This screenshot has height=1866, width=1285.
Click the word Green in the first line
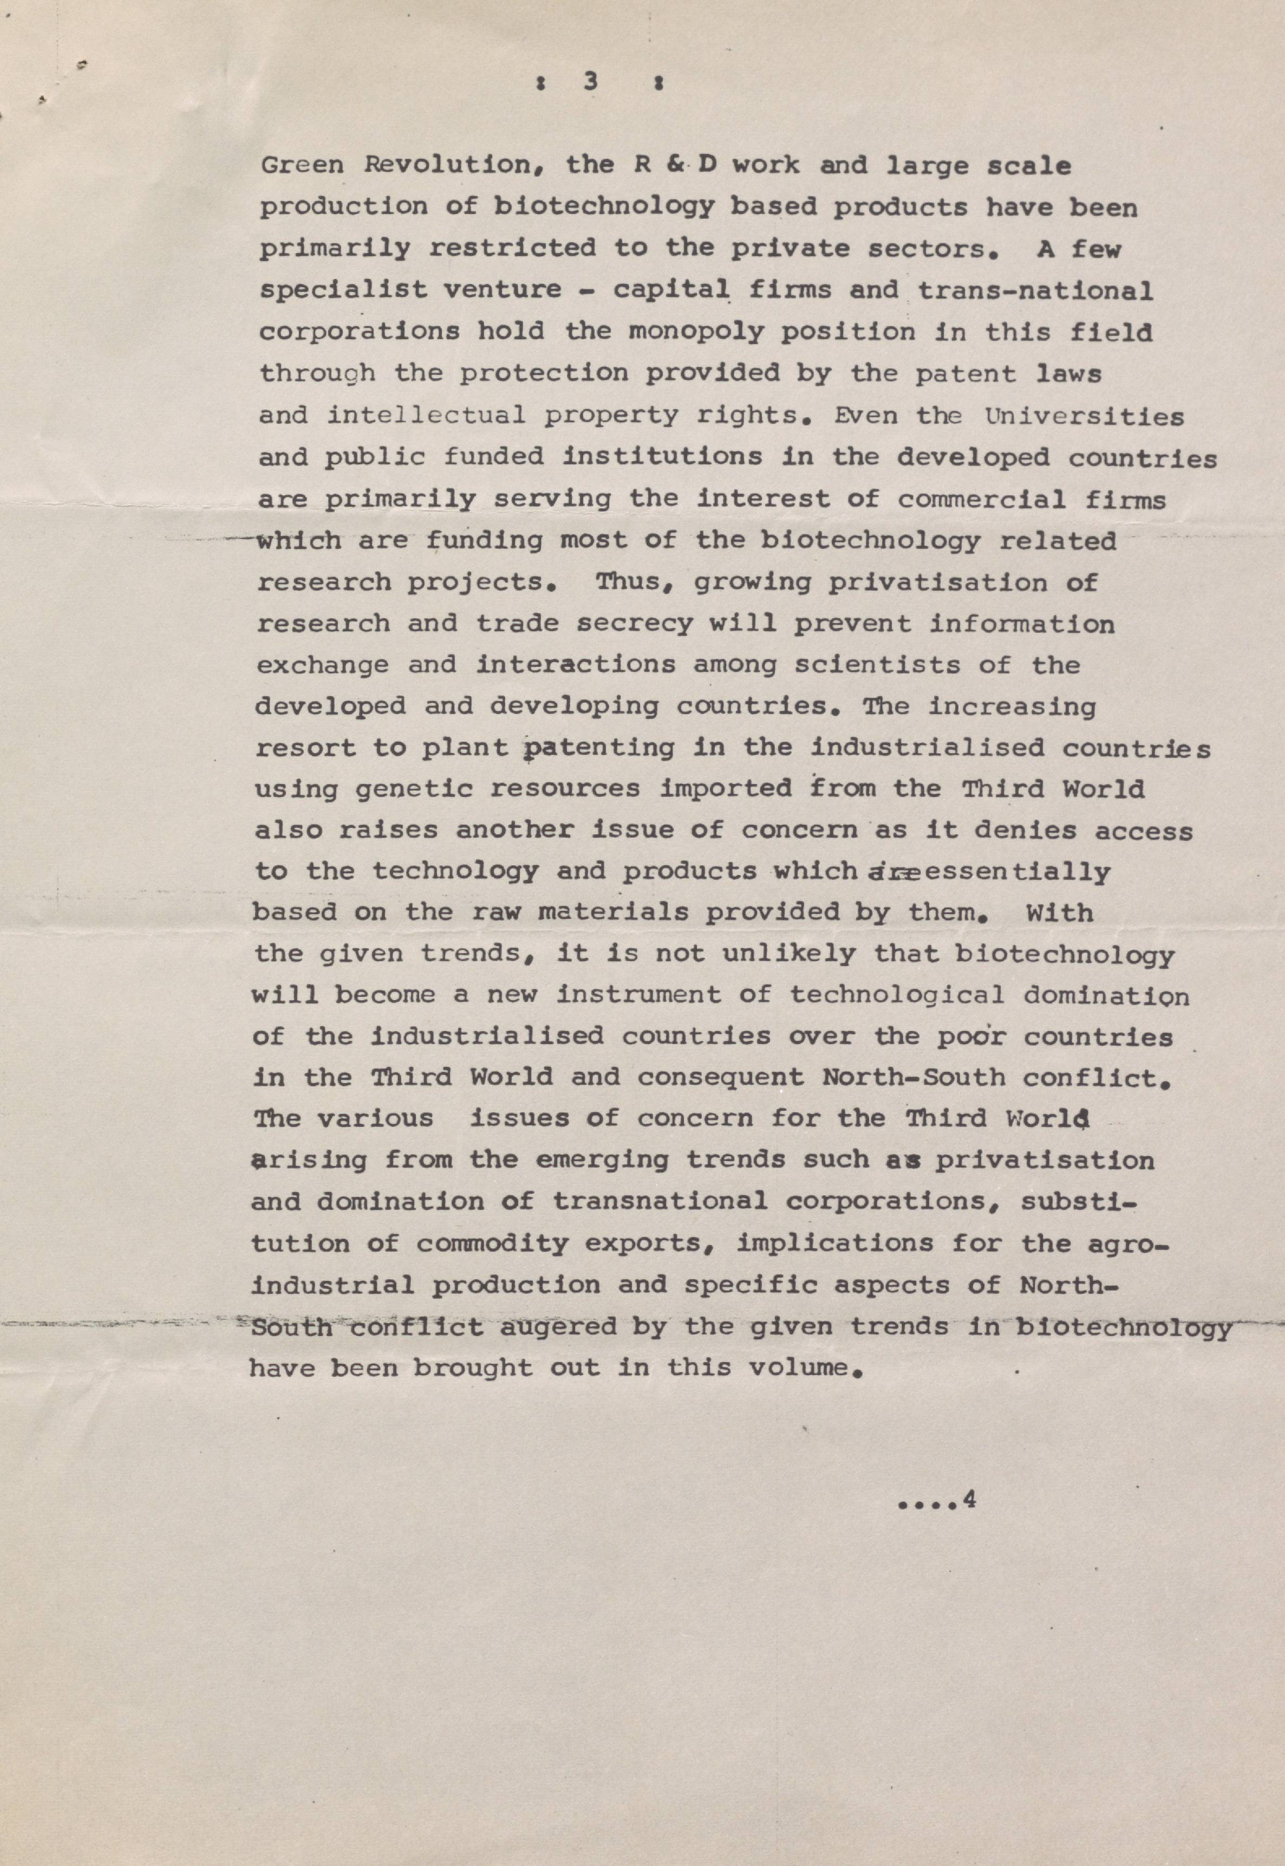click(x=303, y=166)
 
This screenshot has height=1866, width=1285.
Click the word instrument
click(x=640, y=995)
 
